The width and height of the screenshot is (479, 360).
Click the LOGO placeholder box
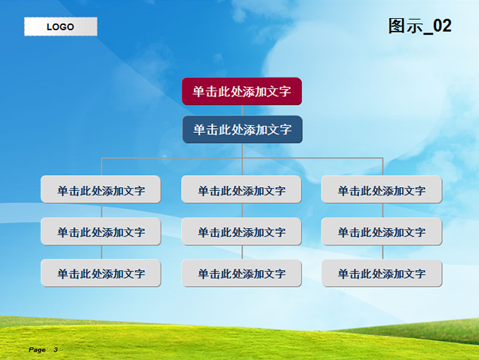[x=61, y=26]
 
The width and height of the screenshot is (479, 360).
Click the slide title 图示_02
[x=419, y=26]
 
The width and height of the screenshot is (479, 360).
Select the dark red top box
[x=241, y=91]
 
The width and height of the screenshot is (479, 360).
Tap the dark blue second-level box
[x=242, y=129]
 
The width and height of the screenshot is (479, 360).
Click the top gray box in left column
[x=101, y=189]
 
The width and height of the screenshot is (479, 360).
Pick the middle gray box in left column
[x=101, y=232]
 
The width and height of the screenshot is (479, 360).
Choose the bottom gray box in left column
[x=101, y=273]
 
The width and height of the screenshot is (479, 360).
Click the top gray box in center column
[x=241, y=189]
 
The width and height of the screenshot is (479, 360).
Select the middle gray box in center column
[x=241, y=232]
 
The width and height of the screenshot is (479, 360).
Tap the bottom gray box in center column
[x=241, y=273]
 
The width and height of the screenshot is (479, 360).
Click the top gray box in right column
[x=382, y=189]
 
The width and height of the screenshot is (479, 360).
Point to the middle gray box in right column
[x=382, y=232]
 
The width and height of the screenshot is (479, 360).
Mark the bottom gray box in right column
[x=382, y=273]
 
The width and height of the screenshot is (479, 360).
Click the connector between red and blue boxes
[x=242, y=110]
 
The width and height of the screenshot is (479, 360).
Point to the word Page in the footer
[x=37, y=349]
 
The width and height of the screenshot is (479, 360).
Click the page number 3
[x=56, y=349]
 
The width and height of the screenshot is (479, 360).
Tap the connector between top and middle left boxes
[x=102, y=211]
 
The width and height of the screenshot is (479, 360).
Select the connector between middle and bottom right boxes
[x=382, y=252]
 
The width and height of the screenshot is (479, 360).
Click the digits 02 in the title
[x=442, y=26]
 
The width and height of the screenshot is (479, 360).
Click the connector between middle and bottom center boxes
[x=242, y=252]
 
